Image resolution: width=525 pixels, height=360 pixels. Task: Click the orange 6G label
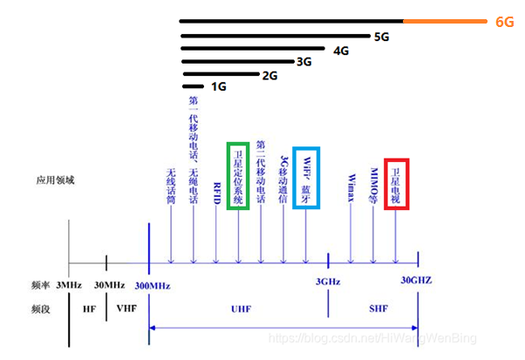point(504,22)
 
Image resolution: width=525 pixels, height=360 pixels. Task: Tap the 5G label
point(381,37)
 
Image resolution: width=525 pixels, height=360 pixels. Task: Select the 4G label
point(342,51)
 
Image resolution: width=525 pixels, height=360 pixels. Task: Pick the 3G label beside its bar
point(304,63)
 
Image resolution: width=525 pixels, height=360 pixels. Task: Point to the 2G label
point(269,75)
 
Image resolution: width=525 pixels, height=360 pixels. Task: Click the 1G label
point(219,87)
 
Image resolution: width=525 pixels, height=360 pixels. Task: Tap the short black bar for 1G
point(193,87)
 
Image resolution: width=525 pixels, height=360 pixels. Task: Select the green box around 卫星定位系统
point(238,175)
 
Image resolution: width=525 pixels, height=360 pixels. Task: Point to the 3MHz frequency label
point(69,286)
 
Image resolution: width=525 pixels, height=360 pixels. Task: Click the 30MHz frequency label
point(108,286)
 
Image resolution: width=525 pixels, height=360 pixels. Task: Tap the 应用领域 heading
point(54,180)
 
